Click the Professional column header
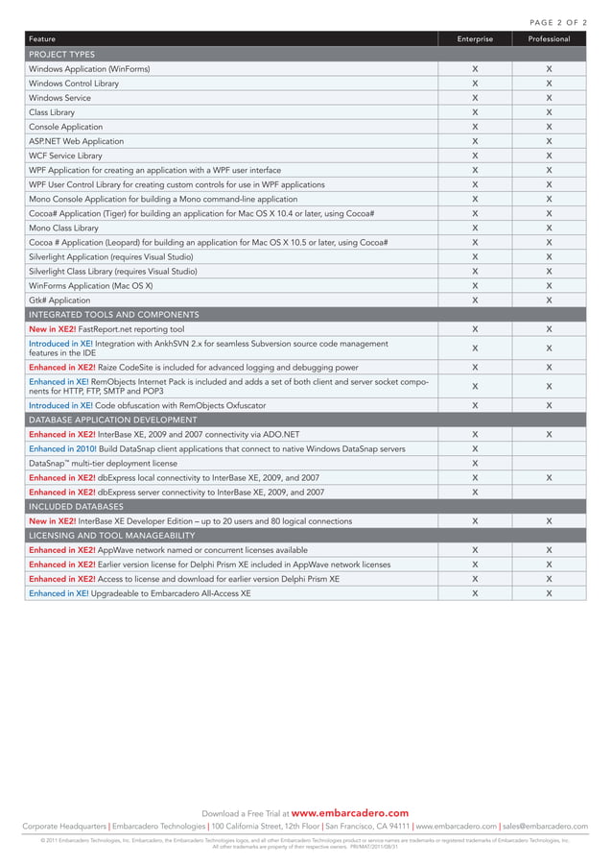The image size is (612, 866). tap(549, 39)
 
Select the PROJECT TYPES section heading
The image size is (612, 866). tap(62, 55)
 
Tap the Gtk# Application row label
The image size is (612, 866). tap(59, 301)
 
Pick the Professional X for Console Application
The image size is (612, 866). tap(549, 127)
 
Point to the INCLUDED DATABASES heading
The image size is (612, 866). tap(76, 506)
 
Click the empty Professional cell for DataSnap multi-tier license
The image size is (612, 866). tap(549, 463)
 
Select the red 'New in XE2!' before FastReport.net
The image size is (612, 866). tap(52, 329)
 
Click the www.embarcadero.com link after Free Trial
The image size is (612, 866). tap(349, 813)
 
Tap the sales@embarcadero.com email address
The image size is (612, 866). tap(545, 826)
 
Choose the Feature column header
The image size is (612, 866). tap(42, 39)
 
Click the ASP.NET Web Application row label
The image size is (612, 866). tap(76, 141)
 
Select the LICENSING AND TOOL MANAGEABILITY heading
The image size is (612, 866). tap(112, 535)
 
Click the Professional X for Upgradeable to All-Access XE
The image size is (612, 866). tap(549, 593)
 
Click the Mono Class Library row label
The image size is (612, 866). tap(63, 229)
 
